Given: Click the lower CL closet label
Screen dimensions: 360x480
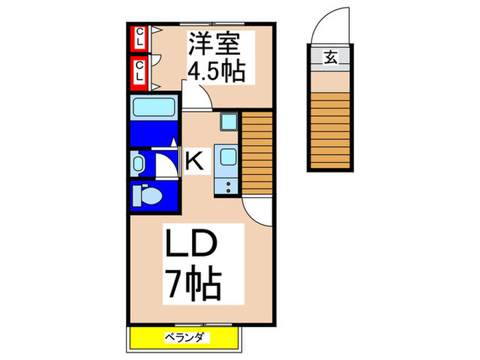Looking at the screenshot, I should pyautogui.click(x=139, y=71).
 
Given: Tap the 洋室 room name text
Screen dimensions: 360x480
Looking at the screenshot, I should pyautogui.click(x=215, y=46).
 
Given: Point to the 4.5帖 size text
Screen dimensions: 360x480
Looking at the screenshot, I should pyautogui.click(x=217, y=71).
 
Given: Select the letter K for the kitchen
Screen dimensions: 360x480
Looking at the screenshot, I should pyautogui.click(x=194, y=162).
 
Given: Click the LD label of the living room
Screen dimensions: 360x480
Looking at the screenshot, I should pyautogui.click(x=191, y=246).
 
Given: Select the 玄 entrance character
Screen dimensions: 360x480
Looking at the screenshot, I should pyautogui.click(x=331, y=58).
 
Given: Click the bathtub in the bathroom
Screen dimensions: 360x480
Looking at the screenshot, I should pyautogui.click(x=154, y=110).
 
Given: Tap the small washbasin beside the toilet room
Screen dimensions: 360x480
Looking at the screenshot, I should pyautogui.click(x=139, y=165).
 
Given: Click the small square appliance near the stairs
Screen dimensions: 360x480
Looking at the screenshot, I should pyautogui.click(x=228, y=123).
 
